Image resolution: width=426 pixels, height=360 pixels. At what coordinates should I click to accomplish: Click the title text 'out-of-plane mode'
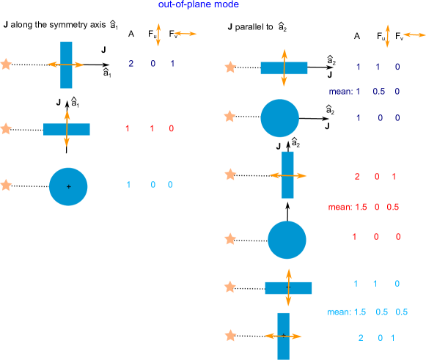point(199,5)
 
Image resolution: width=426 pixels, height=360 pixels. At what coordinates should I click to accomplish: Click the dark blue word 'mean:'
point(339,92)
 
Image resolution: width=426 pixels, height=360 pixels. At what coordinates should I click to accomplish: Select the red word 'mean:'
point(339,207)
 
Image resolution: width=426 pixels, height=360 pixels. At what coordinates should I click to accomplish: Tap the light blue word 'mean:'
point(339,312)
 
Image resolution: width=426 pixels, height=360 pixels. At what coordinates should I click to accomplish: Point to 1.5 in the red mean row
point(361,207)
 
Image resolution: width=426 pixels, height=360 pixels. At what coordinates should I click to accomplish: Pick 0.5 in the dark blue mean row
point(379,92)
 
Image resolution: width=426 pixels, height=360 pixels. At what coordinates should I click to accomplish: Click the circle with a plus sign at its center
point(68,186)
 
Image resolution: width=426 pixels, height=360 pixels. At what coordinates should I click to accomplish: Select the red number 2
point(357,177)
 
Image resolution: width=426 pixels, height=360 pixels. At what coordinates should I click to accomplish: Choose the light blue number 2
point(361,338)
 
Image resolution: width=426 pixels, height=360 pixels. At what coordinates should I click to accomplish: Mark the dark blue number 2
point(131,64)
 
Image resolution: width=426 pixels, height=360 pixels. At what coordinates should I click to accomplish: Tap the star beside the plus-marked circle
point(6,185)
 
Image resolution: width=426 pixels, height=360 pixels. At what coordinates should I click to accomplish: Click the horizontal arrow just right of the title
point(186,34)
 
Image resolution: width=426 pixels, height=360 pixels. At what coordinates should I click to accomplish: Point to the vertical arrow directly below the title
point(158,35)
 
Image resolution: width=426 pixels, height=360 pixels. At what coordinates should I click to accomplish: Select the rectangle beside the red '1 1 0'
point(67,129)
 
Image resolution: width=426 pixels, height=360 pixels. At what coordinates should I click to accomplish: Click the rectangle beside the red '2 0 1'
point(287,175)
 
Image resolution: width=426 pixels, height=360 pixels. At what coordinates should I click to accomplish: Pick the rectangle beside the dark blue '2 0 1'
point(67,65)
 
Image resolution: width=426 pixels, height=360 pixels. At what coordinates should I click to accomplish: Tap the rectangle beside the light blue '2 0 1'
point(284,336)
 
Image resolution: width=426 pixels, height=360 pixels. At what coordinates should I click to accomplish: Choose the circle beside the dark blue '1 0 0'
point(279,118)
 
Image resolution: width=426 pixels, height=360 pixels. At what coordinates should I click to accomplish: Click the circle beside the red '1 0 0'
point(287,240)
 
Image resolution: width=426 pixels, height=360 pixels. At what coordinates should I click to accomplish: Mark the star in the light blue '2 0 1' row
point(230,335)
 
